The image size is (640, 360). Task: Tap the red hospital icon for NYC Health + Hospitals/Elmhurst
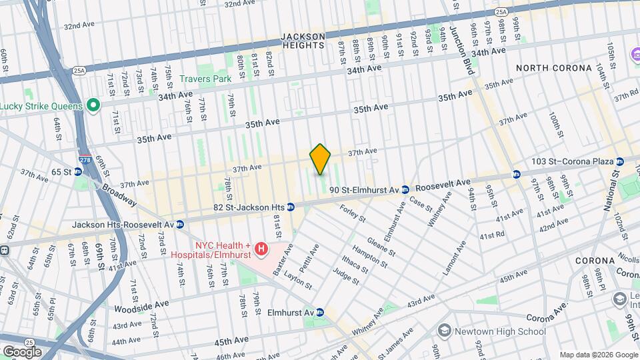tap(261, 249)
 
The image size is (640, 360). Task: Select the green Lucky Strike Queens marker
tap(93, 105)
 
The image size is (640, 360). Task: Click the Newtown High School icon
tap(444, 331)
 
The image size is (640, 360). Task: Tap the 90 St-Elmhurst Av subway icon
tap(405, 191)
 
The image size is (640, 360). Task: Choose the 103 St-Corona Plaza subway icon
tap(620, 161)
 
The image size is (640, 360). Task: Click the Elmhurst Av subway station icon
tap(320, 312)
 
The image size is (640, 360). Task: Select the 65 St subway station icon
tap(77, 171)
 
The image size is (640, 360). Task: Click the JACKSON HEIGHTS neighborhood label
tap(303, 41)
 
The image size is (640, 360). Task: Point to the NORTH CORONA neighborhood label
tap(553, 68)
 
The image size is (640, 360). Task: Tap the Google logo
tap(22, 351)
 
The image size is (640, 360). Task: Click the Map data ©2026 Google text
tap(597, 354)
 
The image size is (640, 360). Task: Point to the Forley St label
tap(353, 214)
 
